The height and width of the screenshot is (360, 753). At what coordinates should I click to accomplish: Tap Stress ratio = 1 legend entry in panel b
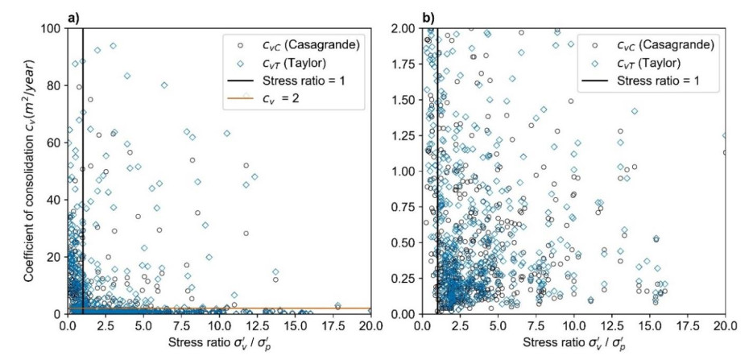[x=636, y=81]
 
